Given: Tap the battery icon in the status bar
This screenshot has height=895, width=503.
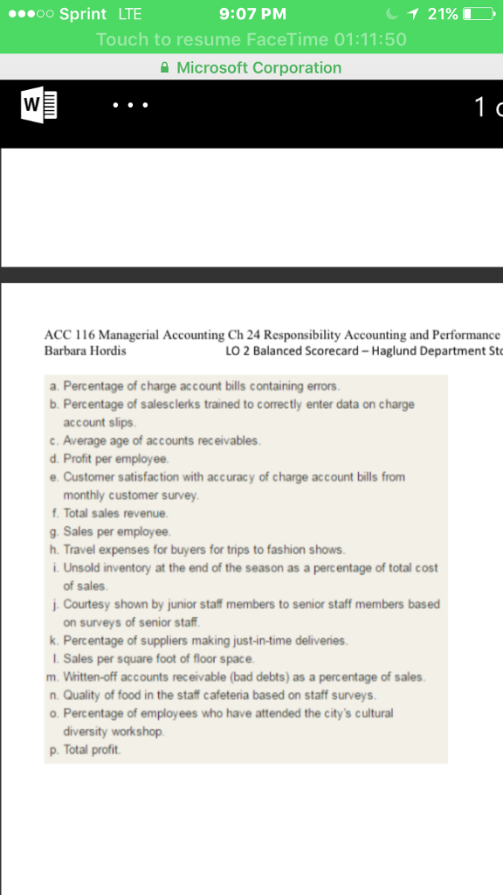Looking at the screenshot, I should (x=478, y=14).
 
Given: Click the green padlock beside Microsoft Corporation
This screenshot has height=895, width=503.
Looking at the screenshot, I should (x=167, y=68).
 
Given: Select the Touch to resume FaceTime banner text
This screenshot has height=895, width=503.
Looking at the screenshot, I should (x=251, y=39).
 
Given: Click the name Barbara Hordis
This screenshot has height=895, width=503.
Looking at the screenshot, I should (x=85, y=350).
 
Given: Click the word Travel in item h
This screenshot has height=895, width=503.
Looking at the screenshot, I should (x=79, y=550).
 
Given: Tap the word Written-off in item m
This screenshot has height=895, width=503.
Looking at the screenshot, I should (x=88, y=677).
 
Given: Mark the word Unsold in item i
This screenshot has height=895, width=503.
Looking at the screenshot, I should (x=80, y=568).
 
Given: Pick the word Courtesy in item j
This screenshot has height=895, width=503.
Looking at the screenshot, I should (x=86, y=604).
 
